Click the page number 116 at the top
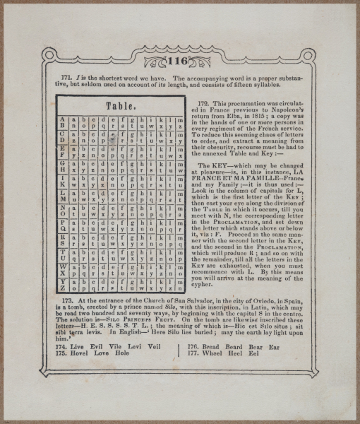coord(179,61)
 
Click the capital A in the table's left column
coord(63,119)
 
